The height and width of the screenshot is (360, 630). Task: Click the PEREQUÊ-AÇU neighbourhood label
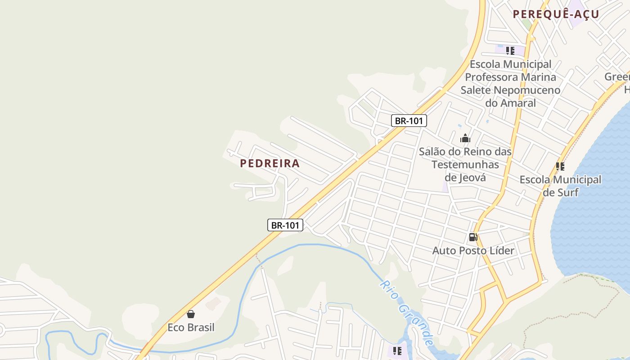pos(556,14)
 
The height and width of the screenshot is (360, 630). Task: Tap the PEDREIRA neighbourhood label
pos(270,163)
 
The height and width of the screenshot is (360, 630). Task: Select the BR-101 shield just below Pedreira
pos(285,225)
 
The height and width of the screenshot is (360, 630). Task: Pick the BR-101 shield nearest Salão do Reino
pos(409,121)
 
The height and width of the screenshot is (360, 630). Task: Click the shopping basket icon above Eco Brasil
pos(191,314)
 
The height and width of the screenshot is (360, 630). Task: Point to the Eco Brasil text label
pos(191,327)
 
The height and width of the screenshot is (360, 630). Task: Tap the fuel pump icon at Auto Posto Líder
pos(473,237)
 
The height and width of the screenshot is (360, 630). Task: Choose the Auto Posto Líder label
pos(473,250)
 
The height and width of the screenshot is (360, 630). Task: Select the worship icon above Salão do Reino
pos(465,138)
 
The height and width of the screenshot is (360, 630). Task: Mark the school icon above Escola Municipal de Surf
pos(560,166)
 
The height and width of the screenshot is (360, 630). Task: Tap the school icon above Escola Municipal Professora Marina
pos(510,51)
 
